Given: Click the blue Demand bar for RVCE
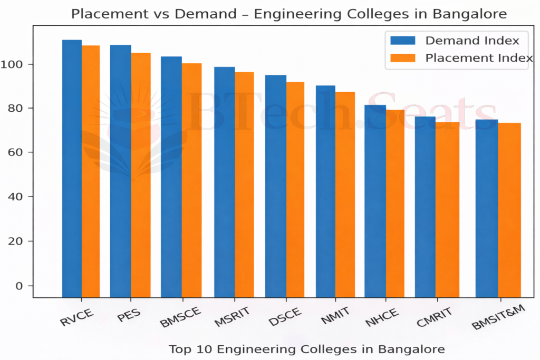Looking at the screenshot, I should [72, 169].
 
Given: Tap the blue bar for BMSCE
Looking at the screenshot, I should [171, 177].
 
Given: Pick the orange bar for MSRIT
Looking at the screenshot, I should [244, 184].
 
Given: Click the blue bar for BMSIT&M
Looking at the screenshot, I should [486, 208].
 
